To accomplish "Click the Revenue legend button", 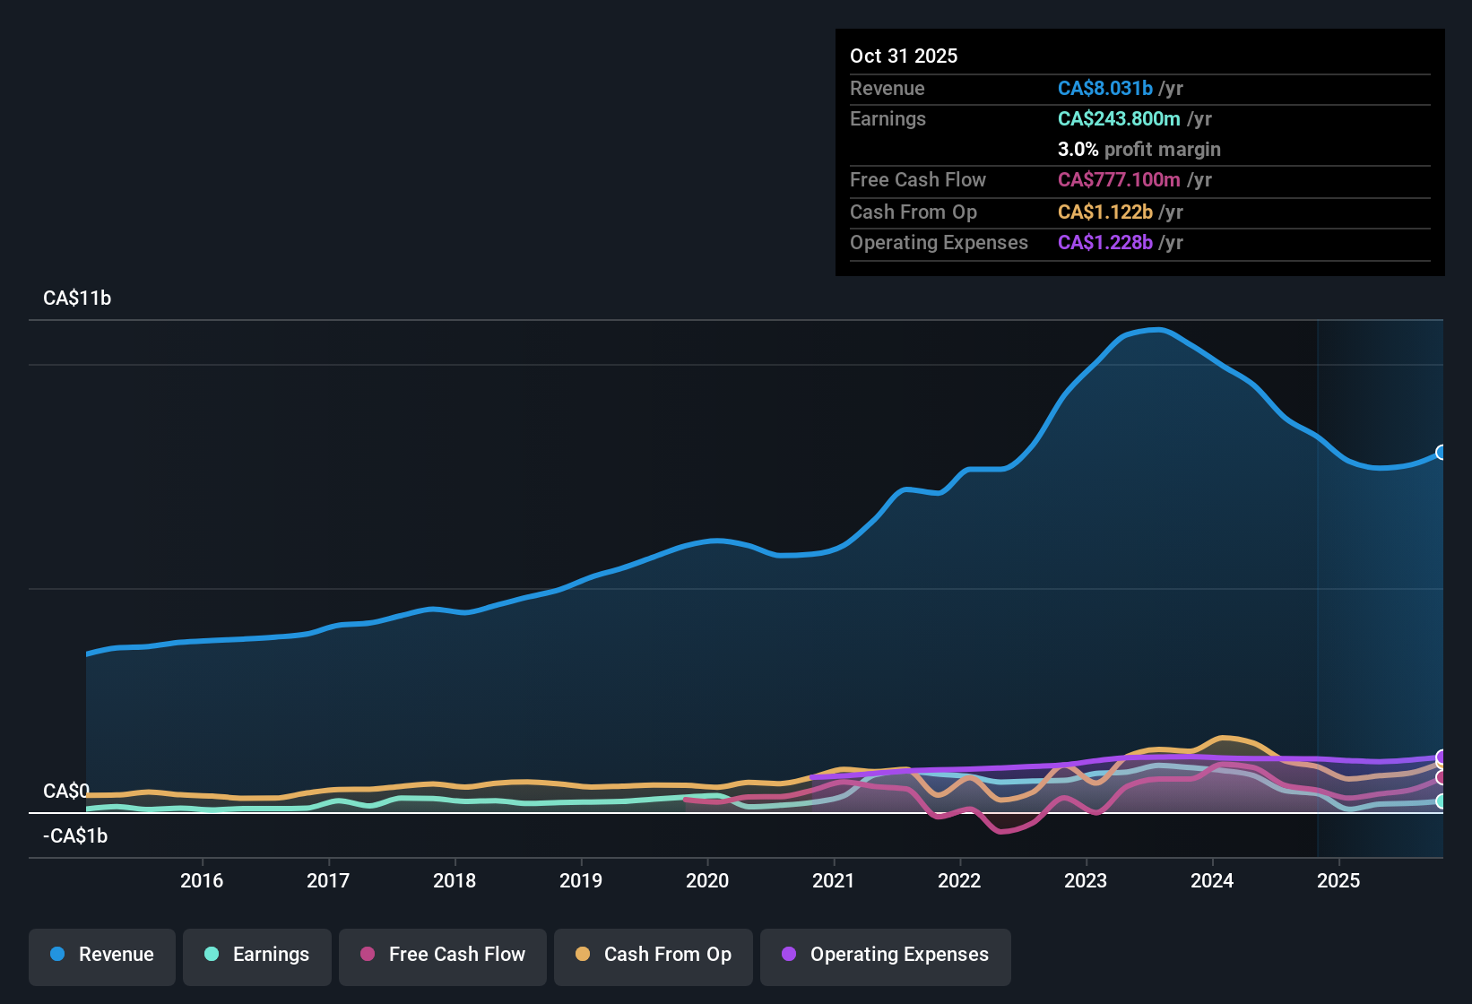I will (102, 955).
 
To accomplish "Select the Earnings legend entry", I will (256, 955).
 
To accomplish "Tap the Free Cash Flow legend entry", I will (443, 955).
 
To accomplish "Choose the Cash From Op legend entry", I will (654, 955).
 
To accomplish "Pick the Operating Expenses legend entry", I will (885, 955).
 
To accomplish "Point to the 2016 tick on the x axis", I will (202, 880).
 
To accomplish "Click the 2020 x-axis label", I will (707, 880).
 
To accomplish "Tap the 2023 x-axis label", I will (1086, 880).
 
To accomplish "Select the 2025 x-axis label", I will (1338, 880).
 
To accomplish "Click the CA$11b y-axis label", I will (77, 299).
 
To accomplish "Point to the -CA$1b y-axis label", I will (75, 836).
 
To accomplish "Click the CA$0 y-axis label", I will (66, 792).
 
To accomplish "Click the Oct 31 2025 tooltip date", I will (904, 56).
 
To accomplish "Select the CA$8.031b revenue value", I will (1104, 88).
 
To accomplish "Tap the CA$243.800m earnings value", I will (1118, 118).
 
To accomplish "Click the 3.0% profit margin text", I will (1139, 149).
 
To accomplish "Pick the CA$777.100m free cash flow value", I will (1118, 179).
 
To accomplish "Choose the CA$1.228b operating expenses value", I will (1104, 242).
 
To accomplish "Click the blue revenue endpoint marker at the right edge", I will (1441, 452).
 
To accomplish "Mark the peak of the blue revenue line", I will (1160, 330).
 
